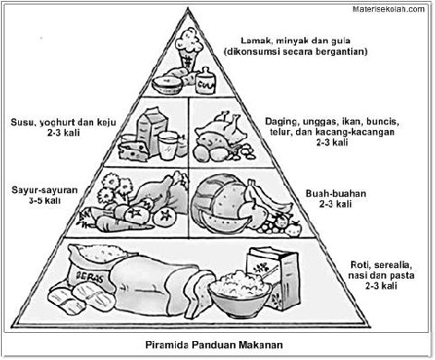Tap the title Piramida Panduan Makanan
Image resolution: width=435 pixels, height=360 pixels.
(217, 344)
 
